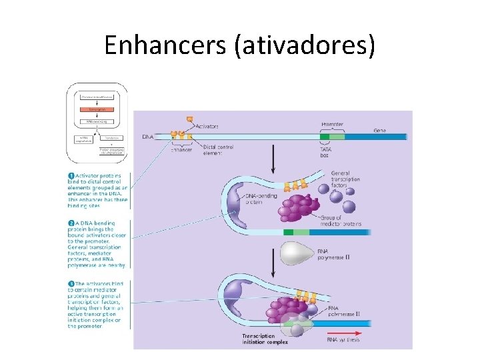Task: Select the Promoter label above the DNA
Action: click(332, 125)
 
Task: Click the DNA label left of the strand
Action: click(148, 137)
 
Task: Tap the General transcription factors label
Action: click(346, 179)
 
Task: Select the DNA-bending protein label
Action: click(261, 199)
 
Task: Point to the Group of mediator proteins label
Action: click(339, 221)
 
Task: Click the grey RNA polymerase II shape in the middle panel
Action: click(303, 253)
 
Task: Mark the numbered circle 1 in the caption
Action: click(71, 176)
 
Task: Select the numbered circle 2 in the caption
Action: click(71, 223)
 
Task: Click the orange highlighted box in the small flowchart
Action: click(97, 109)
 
